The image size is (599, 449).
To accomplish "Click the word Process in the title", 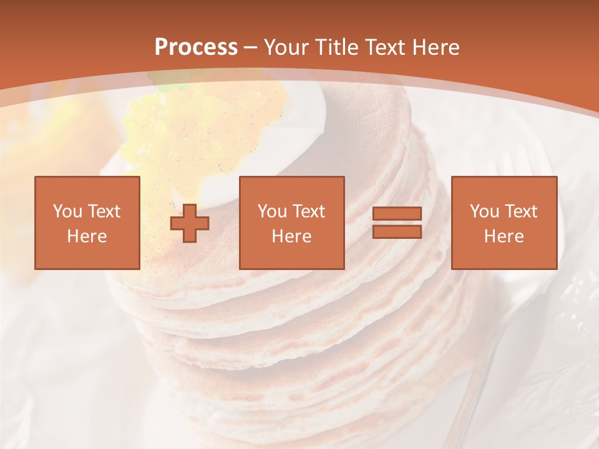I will (196, 47).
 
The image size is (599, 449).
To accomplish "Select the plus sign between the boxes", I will (190, 223).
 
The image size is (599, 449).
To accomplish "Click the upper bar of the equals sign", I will (397, 214).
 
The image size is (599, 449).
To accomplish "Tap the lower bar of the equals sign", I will (397, 231).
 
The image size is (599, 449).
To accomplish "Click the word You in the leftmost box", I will (67, 211).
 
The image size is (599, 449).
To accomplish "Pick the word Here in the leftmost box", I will (87, 236).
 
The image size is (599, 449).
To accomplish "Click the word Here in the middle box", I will (291, 236).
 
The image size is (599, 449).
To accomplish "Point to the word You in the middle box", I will (272, 211).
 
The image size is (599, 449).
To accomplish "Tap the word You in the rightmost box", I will (484, 211).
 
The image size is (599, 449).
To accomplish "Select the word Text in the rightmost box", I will (521, 211).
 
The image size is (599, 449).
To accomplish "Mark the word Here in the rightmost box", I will (504, 236).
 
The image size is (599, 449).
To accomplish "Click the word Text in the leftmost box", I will (104, 211).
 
